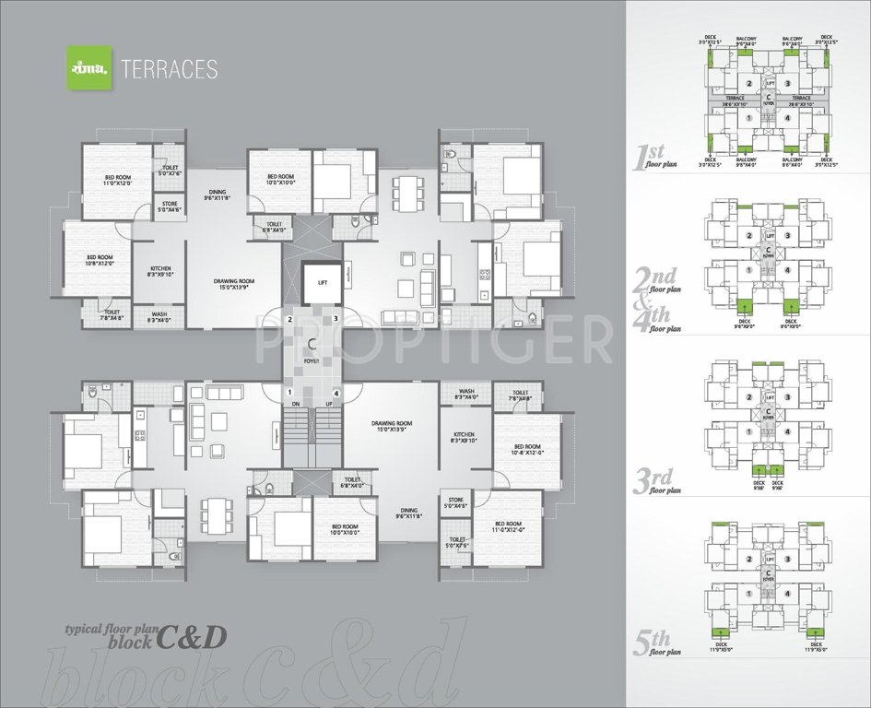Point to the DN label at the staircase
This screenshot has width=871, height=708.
pos(296,405)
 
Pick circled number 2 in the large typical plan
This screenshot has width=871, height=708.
pos(290,319)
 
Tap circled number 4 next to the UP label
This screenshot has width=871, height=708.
pos(337,394)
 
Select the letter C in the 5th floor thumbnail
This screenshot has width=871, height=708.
pos(767,571)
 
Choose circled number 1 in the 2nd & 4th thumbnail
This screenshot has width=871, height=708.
pos(748,269)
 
